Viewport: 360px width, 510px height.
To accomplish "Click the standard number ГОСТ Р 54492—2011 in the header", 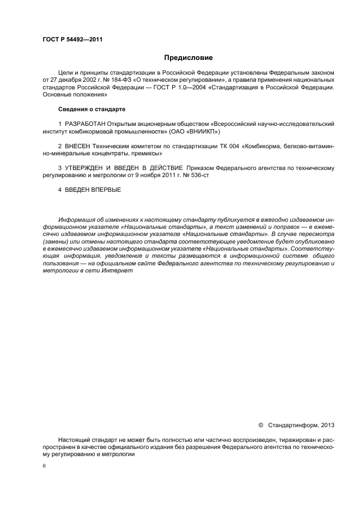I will point(72,40).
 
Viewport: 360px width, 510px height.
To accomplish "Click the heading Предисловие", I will point(188,58).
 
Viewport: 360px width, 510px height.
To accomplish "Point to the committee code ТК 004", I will point(208,147).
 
